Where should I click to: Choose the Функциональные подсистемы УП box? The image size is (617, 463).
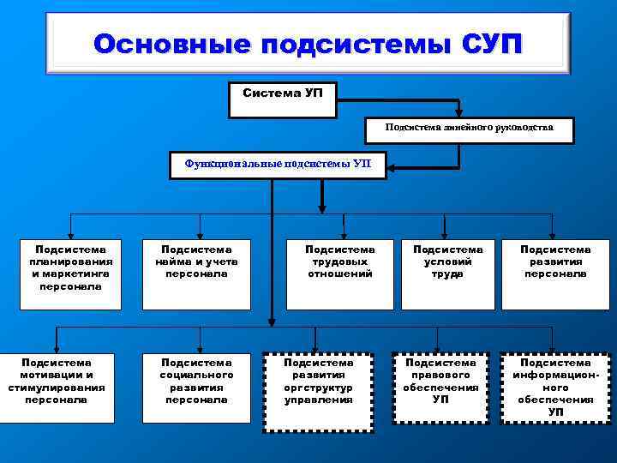pos(279,164)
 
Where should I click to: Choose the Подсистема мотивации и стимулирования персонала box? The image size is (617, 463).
pos(57,388)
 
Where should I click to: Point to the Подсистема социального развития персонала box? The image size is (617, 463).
pos(196,388)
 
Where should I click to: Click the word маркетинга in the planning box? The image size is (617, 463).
pos(75,274)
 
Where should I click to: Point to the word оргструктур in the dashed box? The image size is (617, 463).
pos(318,387)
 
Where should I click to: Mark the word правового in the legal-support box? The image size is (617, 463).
pos(440,376)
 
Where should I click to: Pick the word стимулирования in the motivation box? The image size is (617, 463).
pos(57,387)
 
